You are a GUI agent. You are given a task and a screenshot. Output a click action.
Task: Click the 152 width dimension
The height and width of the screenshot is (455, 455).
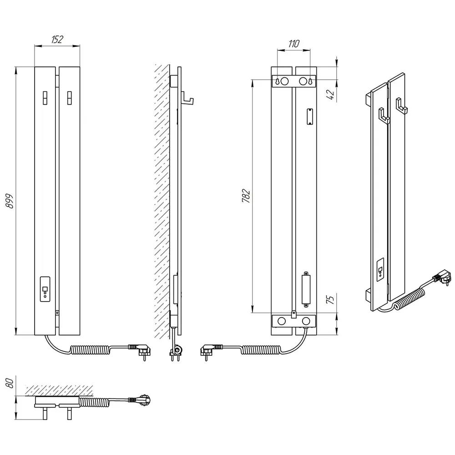coord(57,39)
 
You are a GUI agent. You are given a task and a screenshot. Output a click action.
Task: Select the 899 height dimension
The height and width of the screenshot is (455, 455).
coord(10,201)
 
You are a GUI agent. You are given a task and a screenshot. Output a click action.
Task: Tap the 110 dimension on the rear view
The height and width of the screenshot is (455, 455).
coord(293,44)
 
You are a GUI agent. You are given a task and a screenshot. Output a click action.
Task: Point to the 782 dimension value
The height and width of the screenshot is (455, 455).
coord(246,196)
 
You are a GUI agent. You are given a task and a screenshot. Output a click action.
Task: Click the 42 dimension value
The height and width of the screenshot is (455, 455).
coord(330,95)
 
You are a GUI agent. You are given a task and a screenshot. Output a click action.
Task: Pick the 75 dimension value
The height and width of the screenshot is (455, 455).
coord(330,298)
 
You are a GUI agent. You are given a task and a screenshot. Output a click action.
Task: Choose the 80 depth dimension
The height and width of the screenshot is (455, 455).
coord(10,383)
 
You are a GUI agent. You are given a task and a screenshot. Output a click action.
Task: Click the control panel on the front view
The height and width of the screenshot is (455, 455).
coord(45,289)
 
